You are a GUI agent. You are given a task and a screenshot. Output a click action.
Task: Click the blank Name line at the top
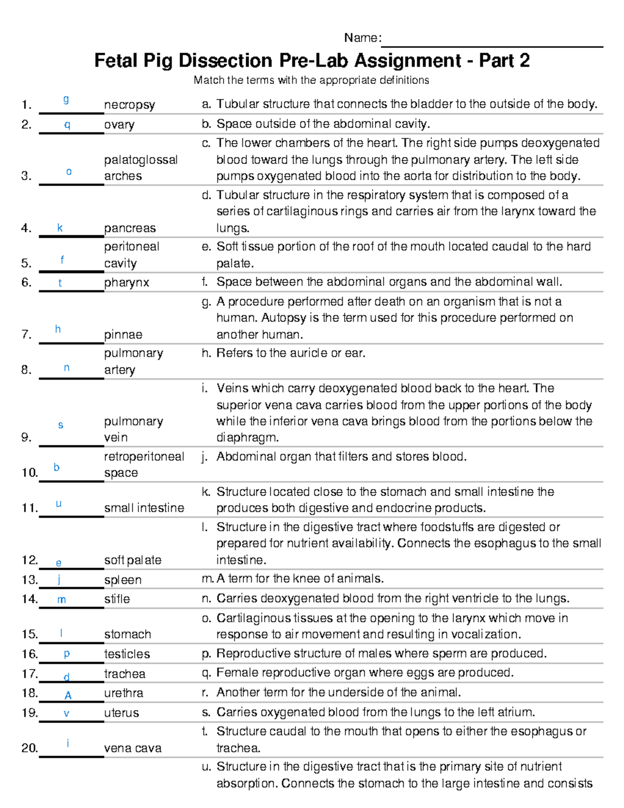click(x=491, y=42)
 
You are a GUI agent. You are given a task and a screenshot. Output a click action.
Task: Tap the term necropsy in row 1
click(x=129, y=105)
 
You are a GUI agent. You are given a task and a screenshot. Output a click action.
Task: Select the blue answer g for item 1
click(x=66, y=99)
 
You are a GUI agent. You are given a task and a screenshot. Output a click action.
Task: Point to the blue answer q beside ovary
click(x=67, y=125)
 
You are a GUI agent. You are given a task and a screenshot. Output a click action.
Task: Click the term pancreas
click(x=130, y=228)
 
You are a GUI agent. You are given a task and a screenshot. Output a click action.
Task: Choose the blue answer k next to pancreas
click(x=60, y=228)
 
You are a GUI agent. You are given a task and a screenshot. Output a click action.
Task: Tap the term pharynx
click(x=126, y=283)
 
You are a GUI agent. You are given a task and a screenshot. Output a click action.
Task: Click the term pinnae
click(x=123, y=335)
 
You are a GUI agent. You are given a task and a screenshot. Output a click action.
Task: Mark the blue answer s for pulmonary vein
click(x=60, y=425)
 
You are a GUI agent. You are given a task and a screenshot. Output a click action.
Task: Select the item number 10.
click(x=29, y=472)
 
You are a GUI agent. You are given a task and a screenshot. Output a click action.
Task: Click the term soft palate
click(x=133, y=560)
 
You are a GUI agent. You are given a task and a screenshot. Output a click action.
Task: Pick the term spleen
click(x=123, y=580)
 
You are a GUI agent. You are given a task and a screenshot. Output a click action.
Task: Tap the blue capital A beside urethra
click(x=68, y=696)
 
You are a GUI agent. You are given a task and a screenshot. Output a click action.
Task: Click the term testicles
click(x=127, y=654)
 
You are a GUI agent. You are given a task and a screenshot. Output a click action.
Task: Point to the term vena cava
click(x=133, y=748)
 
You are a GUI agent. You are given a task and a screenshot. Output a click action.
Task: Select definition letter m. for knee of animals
click(x=207, y=579)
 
